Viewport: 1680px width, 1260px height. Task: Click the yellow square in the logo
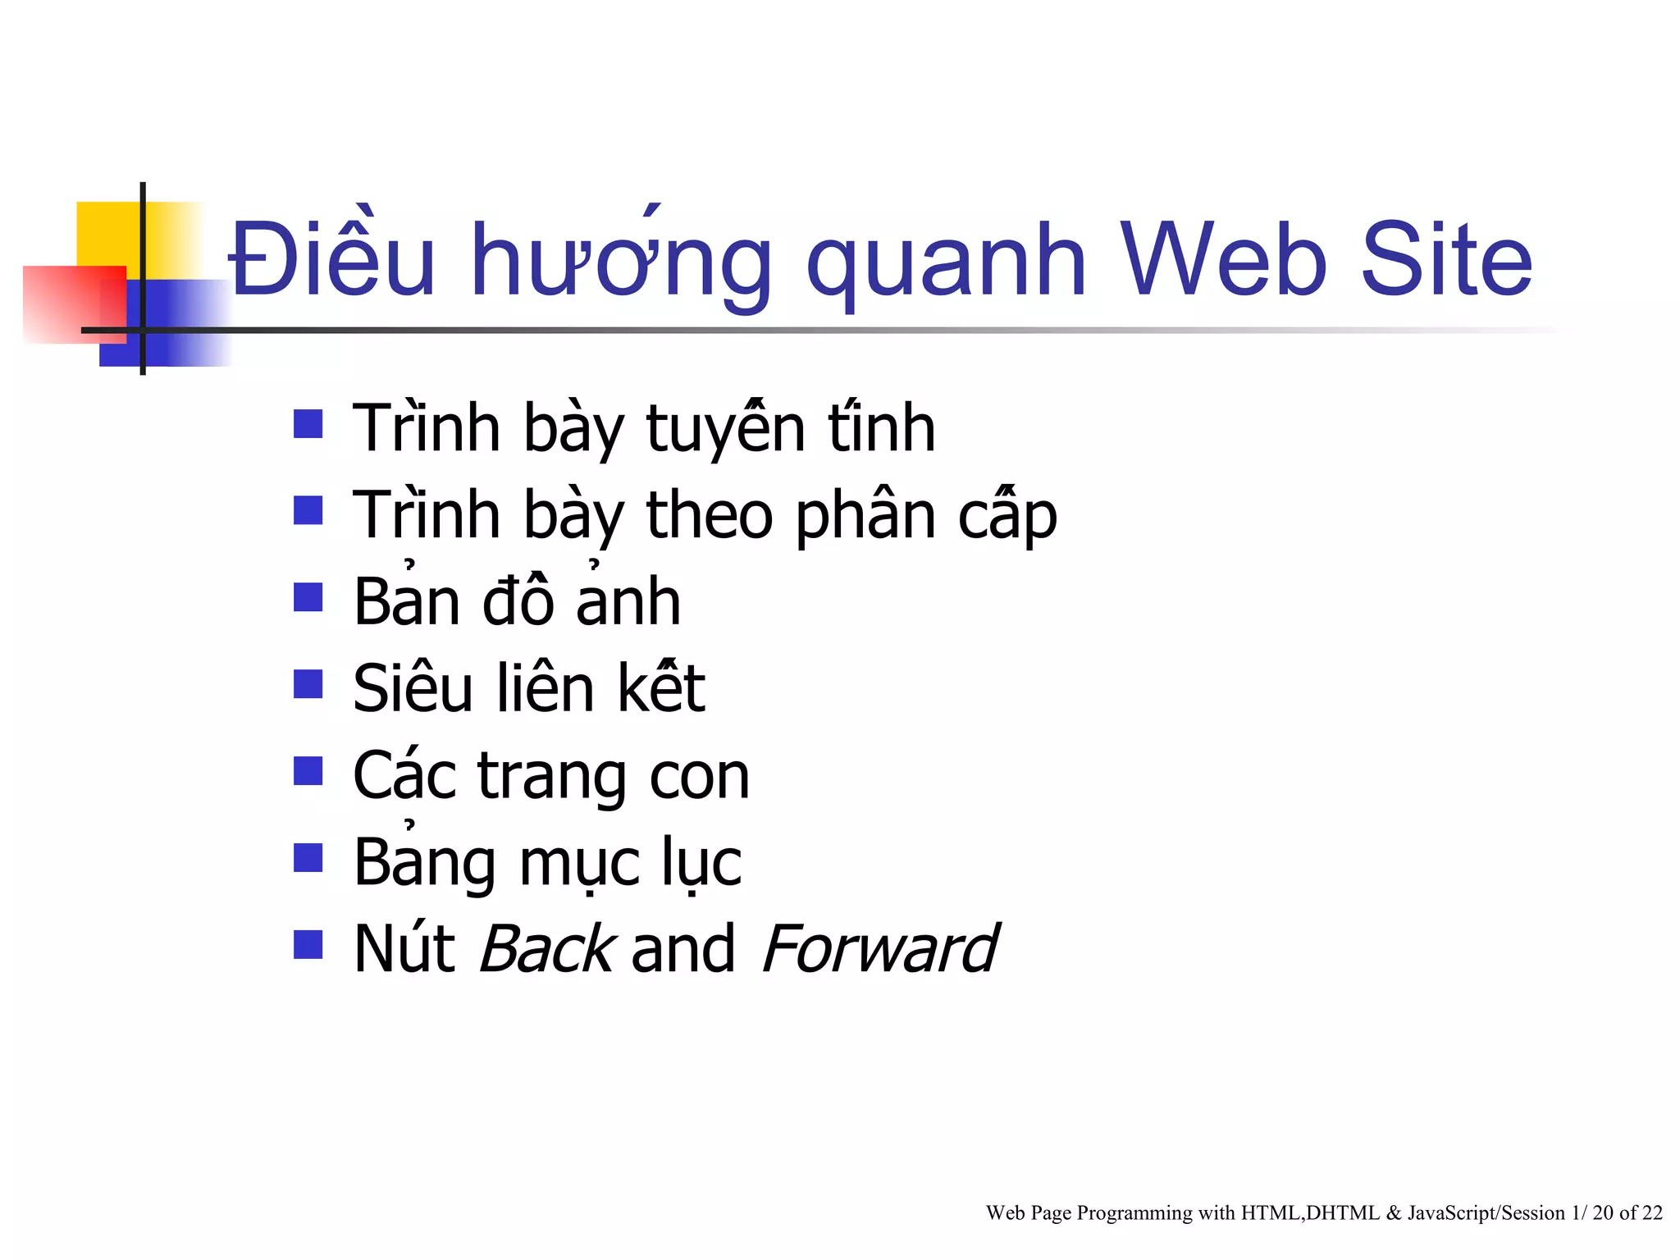(107, 233)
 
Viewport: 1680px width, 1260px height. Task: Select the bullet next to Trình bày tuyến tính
(308, 424)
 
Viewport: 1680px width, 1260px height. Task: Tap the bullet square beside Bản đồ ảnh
(308, 597)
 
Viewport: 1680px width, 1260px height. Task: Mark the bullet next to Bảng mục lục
(308, 858)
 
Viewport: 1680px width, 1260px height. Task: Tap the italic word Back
(546, 950)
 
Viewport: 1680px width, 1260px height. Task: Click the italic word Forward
(879, 950)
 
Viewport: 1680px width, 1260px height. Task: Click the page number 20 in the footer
(1603, 1212)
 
